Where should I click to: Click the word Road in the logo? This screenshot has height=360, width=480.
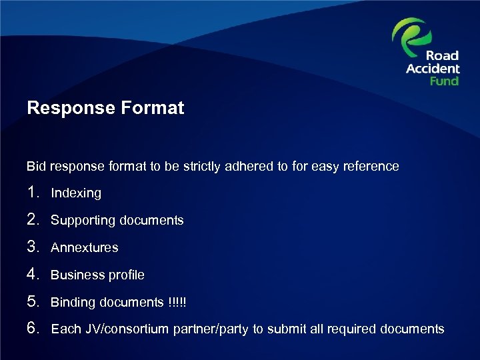[443, 56]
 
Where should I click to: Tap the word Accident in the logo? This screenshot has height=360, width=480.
[433, 69]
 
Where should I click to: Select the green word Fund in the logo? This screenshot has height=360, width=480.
[444, 81]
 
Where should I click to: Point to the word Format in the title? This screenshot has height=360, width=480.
[151, 108]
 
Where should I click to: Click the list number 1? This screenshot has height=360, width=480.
[34, 193]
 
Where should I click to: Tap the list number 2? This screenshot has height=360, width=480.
[34, 220]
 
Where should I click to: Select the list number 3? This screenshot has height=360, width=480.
[34, 247]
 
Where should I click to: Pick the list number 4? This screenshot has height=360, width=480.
[34, 275]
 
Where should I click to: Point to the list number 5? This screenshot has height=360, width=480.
[34, 302]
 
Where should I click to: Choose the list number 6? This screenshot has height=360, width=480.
[34, 329]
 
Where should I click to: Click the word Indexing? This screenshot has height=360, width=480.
[76, 193]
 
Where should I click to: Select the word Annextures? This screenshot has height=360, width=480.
[85, 247]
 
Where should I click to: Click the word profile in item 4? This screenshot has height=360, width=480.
[127, 275]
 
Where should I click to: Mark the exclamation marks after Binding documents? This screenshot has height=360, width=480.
[178, 302]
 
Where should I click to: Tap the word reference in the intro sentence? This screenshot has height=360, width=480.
[373, 166]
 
